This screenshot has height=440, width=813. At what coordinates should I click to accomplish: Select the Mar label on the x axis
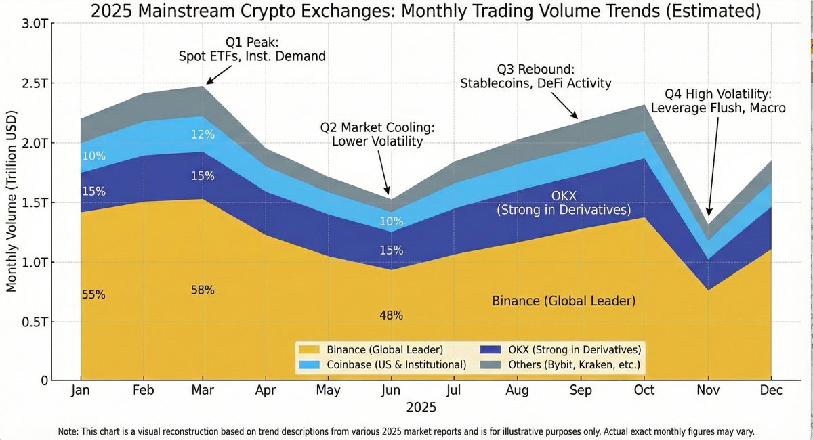click(203, 391)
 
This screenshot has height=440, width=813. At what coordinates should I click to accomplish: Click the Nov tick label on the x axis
click(708, 391)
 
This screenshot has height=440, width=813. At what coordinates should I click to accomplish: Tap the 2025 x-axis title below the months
click(421, 408)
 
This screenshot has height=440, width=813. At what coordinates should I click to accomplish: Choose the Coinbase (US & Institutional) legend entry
click(396, 365)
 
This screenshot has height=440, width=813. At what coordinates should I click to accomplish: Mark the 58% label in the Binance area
click(203, 290)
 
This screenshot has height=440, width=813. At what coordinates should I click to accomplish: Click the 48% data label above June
click(392, 315)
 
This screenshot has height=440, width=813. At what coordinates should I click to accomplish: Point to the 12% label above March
click(203, 135)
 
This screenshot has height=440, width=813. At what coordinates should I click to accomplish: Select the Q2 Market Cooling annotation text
click(377, 134)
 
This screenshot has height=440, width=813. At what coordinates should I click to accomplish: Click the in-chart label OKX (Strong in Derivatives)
click(564, 203)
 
